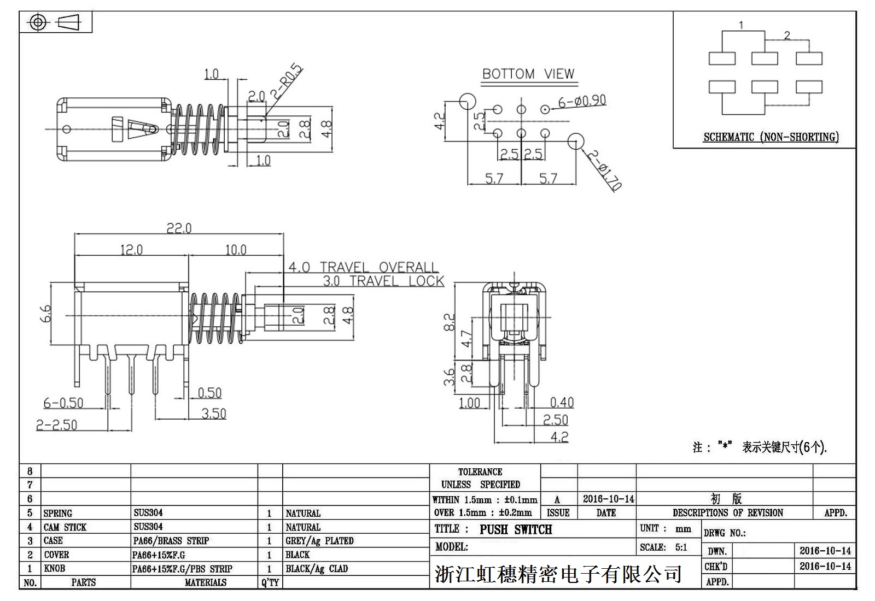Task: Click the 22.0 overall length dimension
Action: (x=179, y=228)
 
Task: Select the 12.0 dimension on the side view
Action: (x=131, y=250)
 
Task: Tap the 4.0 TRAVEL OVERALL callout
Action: (x=363, y=267)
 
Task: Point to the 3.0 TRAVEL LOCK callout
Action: (x=383, y=281)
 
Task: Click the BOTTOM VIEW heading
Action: (x=528, y=74)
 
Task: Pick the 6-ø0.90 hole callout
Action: (x=582, y=101)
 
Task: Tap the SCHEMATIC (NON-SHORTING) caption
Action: (x=771, y=137)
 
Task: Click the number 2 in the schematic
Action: (x=786, y=36)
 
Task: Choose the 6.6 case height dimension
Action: (x=46, y=313)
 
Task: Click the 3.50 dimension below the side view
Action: (x=213, y=414)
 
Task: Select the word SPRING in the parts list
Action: (x=58, y=513)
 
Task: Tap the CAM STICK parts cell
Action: (x=65, y=527)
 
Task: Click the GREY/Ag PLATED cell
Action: (x=319, y=541)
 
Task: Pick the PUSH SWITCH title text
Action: (x=516, y=529)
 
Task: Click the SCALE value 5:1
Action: (x=681, y=547)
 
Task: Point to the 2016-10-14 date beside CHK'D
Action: (x=825, y=566)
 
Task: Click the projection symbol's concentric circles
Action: (x=38, y=22)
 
